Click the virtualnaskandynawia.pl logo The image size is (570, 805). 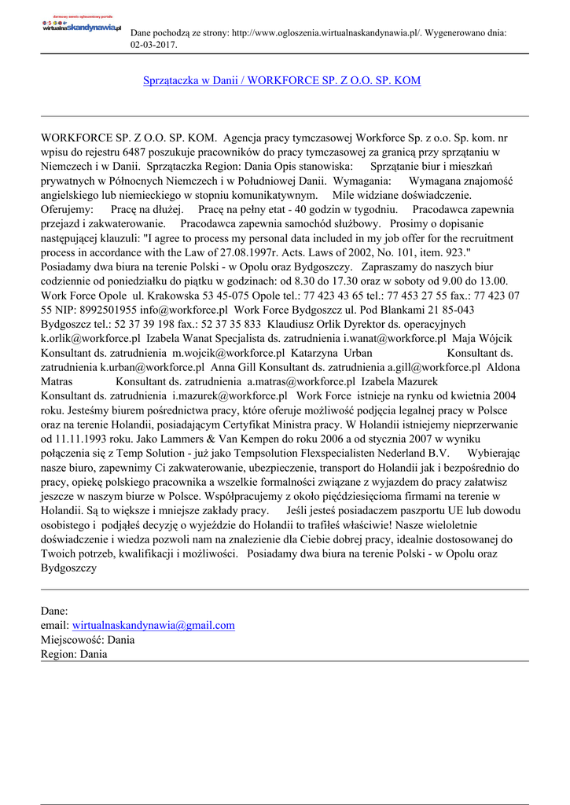(x=81, y=26)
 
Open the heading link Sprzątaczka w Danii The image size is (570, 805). (x=281, y=81)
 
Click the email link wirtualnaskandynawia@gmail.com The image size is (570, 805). (x=153, y=625)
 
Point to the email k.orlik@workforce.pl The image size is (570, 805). (x=91, y=338)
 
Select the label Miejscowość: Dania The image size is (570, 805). (x=87, y=640)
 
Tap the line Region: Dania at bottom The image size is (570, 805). (x=74, y=654)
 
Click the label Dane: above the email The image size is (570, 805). (x=54, y=611)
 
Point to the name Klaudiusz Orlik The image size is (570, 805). (x=303, y=324)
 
